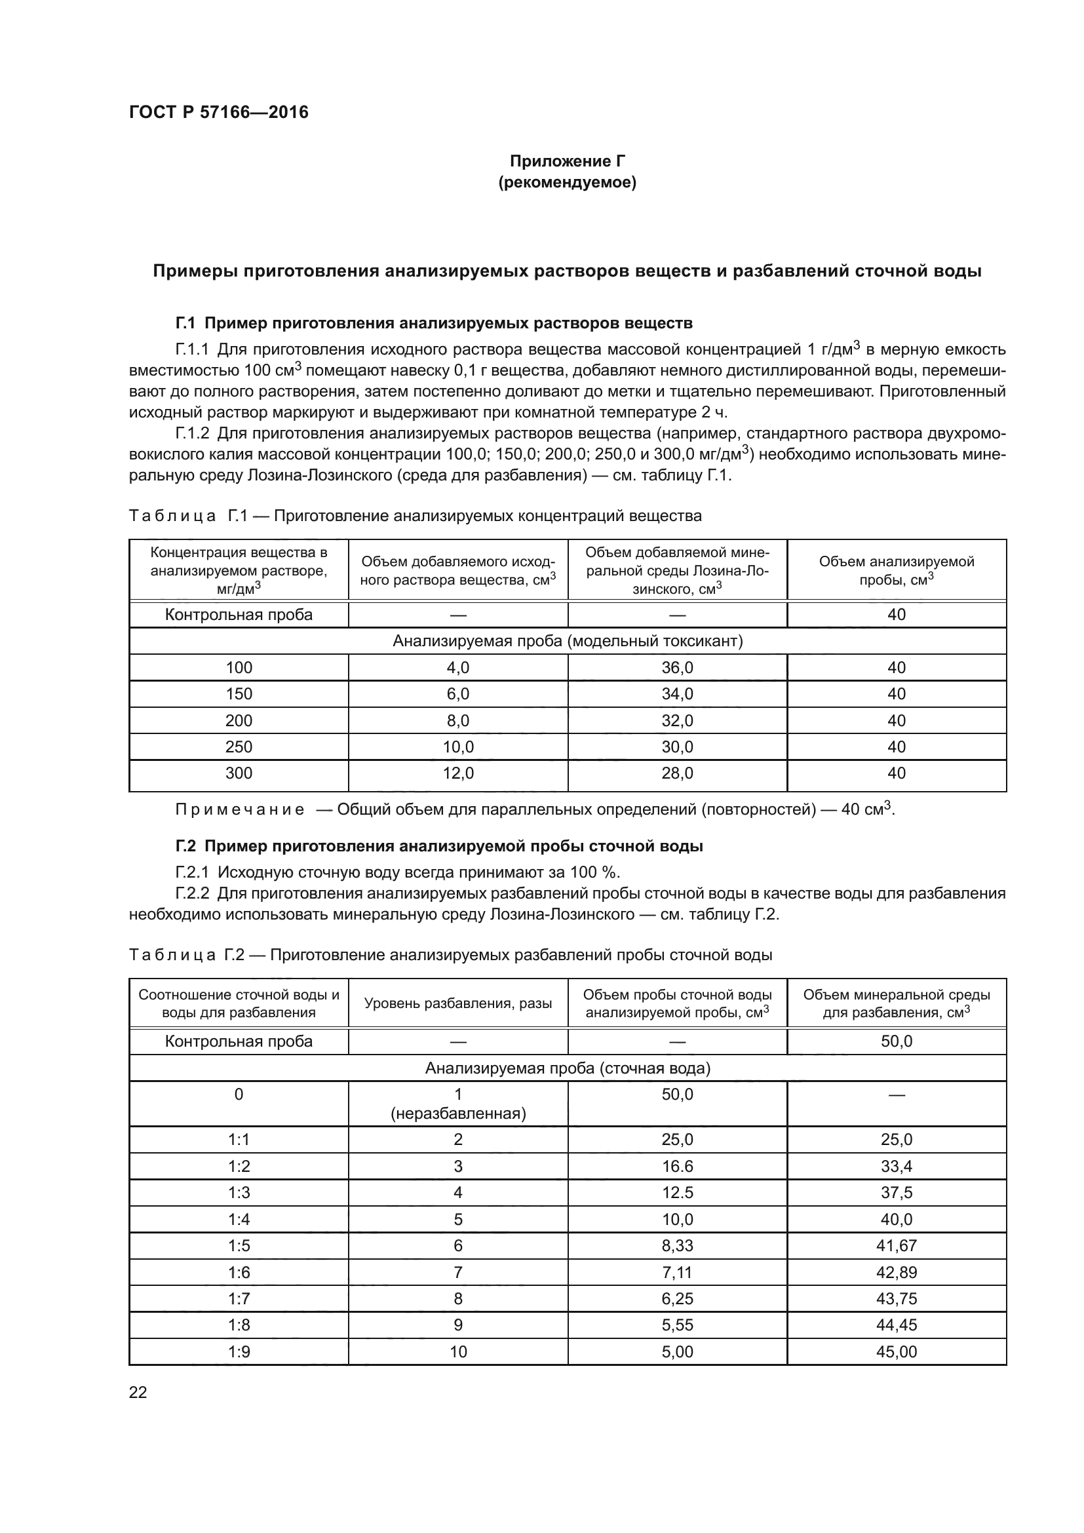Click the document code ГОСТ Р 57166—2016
click(218, 112)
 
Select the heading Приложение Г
click(567, 161)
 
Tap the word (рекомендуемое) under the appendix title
click(567, 182)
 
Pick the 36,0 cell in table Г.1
click(677, 668)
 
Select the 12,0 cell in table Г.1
click(458, 773)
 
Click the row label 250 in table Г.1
click(239, 747)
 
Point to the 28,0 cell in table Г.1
click(677, 773)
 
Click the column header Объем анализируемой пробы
click(896, 570)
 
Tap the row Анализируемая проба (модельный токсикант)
click(567, 641)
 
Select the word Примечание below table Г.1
click(240, 810)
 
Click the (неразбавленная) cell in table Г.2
click(458, 1114)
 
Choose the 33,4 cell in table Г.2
click(896, 1167)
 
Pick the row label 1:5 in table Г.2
click(239, 1245)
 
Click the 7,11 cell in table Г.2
click(677, 1272)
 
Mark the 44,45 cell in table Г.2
click(896, 1325)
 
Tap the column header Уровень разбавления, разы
click(458, 1003)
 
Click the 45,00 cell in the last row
click(896, 1351)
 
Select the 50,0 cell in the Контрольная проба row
click(896, 1041)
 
